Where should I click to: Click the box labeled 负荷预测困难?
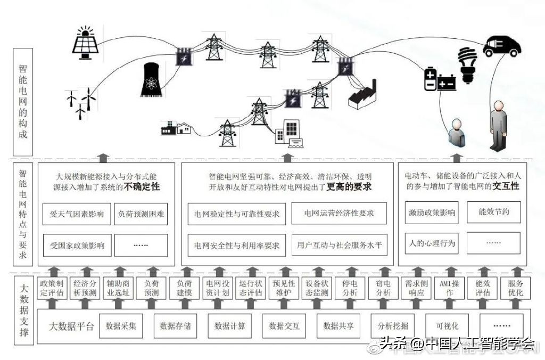(x=141, y=215)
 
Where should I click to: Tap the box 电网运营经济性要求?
(x=339, y=213)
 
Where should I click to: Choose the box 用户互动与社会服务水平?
(x=339, y=246)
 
